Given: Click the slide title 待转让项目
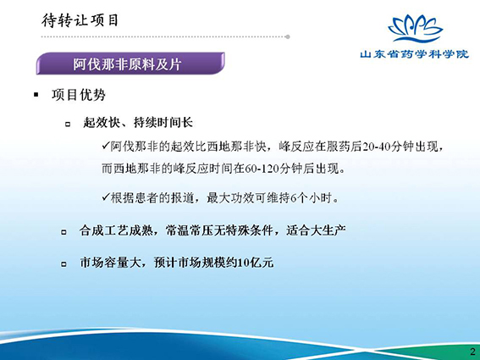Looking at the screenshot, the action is click(x=80, y=20).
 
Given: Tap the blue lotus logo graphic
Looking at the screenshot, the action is click(x=416, y=29).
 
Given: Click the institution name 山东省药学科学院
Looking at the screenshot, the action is click(x=414, y=54).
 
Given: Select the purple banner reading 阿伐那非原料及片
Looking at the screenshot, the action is click(x=130, y=64).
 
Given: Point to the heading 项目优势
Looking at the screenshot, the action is click(x=79, y=95).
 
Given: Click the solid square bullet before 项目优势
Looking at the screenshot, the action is click(x=36, y=95).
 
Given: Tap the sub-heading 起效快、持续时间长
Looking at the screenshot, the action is click(x=138, y=123).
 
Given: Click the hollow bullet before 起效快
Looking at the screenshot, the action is click(x=68, y=124).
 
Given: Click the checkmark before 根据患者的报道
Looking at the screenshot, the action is click(x=106, y=197).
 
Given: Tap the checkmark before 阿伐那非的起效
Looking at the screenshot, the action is click(x=106, y=146).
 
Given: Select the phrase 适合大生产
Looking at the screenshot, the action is click(x=317, y=230).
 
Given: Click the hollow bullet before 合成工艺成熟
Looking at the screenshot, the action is click(x=63, y=232).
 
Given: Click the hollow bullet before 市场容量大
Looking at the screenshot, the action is click(x=63, y=263).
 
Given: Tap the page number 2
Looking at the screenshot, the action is click(x=473, y=352).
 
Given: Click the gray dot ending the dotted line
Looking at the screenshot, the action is click(x=288, y=36).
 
